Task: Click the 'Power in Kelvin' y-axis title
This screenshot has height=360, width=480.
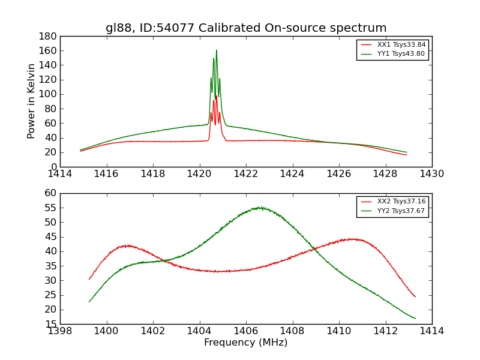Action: point(32,101)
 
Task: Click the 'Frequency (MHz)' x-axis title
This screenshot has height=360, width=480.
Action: point(246,343)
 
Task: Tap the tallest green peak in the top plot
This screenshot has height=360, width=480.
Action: point(217,50)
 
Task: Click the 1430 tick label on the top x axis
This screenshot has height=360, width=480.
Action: point(431,174)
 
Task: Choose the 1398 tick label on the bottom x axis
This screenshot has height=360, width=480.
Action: point(60,331)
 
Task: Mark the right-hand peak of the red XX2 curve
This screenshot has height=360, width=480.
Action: point(354,239)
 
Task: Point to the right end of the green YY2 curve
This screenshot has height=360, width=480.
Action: point(415,319)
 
